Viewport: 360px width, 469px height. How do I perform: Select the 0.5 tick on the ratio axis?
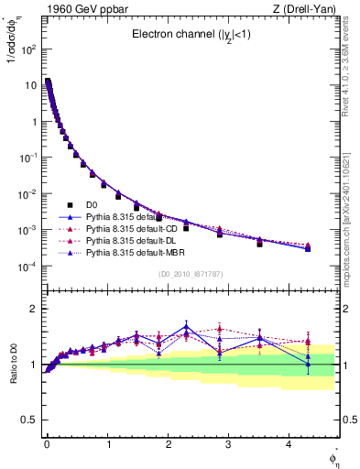(x=30, y=420)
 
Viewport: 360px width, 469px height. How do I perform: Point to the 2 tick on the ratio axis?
(x=33, y=310)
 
